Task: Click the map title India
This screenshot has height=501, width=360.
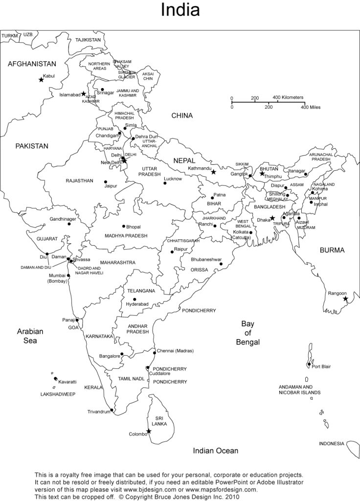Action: [180, 10]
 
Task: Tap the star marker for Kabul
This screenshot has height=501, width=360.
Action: [41, 80]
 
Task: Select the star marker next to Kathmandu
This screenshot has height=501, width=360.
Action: [213, 172]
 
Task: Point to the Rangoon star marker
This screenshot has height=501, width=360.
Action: [345, 298]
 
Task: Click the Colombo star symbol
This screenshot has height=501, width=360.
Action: [149, 431]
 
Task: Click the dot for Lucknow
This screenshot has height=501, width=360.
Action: [165, 183]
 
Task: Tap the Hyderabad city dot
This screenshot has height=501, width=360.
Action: [135, 299]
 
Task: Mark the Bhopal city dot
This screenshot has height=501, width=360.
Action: [124, 226]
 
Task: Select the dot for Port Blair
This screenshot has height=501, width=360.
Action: [309, 364]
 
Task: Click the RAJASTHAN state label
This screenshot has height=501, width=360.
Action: [79, 181]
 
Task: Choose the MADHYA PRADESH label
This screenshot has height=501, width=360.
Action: [126, 236]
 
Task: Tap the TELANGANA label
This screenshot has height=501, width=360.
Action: [141, 291]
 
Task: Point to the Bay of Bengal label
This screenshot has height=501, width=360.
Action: [247, 333]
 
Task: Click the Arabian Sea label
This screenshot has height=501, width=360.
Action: [30, 336]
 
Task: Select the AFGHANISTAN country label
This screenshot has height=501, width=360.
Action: [32, 64]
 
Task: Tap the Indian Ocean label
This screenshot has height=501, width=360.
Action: [215, 451]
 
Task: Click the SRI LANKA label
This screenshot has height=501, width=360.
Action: [159, 421]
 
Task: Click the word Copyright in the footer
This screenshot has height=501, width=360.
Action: [146, 497]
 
